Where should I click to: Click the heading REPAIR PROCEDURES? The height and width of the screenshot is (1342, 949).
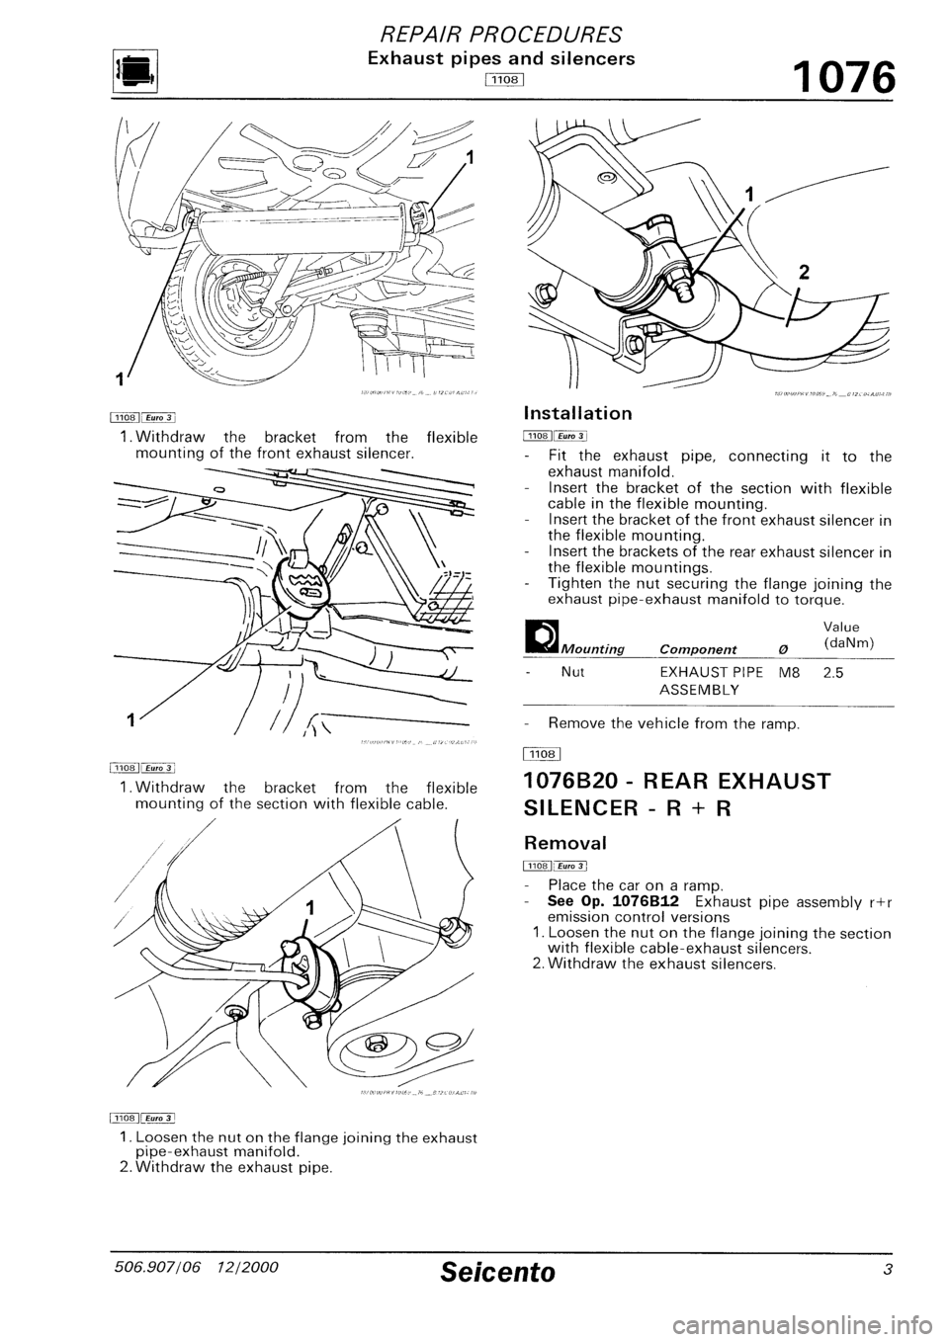click(474, 36)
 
